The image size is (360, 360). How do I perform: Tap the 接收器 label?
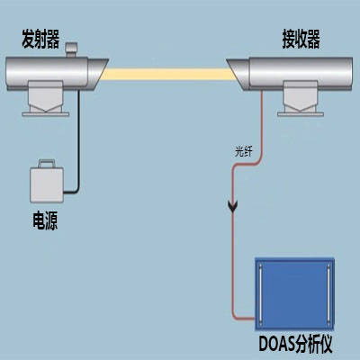coord(301,40)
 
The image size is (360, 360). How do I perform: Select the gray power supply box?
coord(44,184)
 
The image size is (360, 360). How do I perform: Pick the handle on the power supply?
coord(44,164)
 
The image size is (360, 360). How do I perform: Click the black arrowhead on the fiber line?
coord(233,209)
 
